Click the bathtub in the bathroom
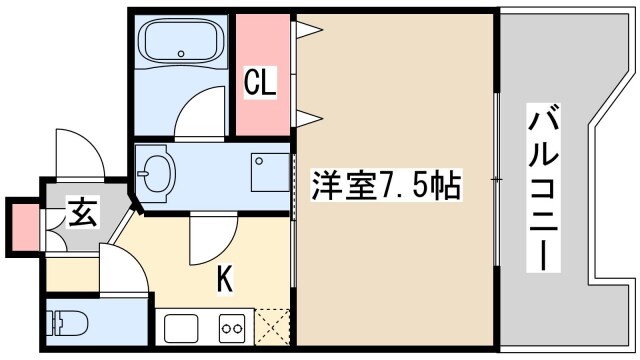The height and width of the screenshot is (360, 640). click(x=180, y=43)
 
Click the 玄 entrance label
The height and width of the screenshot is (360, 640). click(x=82, y=213)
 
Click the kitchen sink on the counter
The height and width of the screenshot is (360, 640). click(x=182, y=327)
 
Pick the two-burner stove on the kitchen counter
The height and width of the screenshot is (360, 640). click(x=232, y=327)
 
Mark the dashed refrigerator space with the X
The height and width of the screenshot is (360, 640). click(x=273, y=327)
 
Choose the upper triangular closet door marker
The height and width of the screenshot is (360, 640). click(x=306, y=32)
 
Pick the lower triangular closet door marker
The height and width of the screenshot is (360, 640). click(x=306, y=119)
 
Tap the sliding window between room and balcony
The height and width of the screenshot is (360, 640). click(x=496, y=180)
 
